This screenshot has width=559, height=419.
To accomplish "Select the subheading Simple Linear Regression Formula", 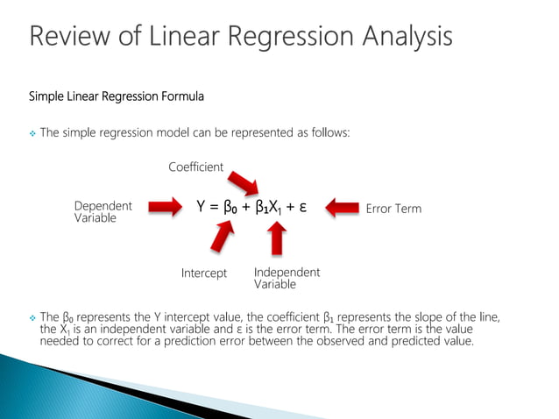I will coord(117,95).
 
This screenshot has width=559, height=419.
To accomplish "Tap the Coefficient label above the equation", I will coord(195,167).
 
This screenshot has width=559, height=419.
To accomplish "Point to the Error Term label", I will coord(393,209).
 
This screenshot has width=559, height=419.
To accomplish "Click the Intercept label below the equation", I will coord(203,273).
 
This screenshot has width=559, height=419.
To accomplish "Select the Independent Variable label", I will coord(287,278).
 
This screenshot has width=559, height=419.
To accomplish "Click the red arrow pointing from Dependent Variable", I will coord(164,209).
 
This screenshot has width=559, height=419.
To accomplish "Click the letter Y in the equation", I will coord(201,208).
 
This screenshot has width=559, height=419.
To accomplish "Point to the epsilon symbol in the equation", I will coord(301,209).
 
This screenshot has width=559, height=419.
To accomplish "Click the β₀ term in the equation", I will coord(230,209).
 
